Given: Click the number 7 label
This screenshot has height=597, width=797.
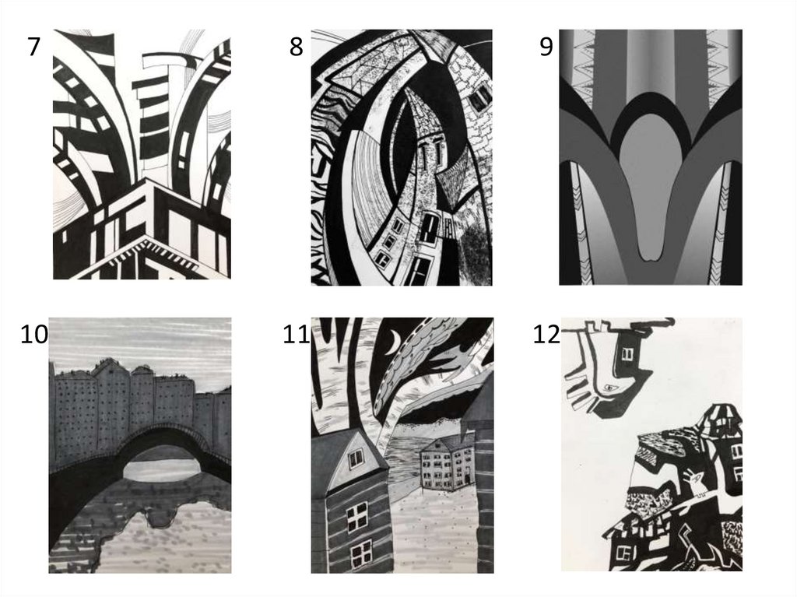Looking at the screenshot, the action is coord(33,46).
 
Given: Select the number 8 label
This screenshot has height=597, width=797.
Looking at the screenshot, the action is coord(296,46).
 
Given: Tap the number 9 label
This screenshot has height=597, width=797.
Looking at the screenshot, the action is coord(546,46).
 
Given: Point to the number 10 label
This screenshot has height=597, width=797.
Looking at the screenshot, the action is coord(34,334).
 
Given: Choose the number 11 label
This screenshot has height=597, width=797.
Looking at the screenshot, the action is coord(296,334).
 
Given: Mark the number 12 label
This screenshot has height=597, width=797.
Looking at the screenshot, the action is coord(546,334).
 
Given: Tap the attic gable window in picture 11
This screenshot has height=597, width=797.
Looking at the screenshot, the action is coord(356,458).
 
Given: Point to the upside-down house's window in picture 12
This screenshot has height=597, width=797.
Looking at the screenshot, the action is coord(629,353).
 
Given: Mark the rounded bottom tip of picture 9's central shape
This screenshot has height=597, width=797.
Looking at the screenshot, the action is coord(651,258).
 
